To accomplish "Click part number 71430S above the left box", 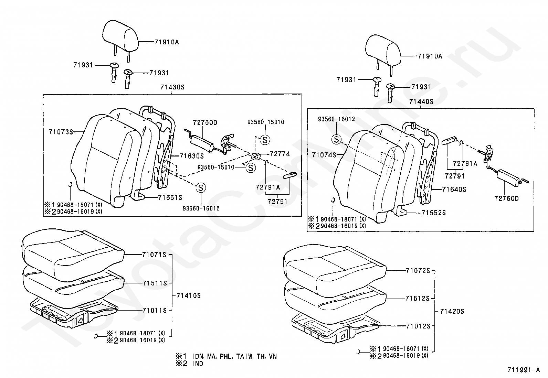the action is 172,87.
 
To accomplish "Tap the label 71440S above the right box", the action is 421,101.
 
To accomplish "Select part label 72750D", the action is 205,122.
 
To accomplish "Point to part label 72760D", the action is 506,198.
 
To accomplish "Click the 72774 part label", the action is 280,154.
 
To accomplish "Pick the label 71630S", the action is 192,156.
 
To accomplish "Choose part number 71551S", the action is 170,197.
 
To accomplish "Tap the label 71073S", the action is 61,132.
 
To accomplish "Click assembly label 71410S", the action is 189,295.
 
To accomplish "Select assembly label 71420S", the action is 452,312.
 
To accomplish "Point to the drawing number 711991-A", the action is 524,370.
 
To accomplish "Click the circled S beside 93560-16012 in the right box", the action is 336,140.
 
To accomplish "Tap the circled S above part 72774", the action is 265,140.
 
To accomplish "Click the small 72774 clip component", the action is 256,156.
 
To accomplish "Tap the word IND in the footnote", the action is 198,364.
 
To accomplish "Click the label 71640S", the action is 454,190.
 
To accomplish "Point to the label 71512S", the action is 418,299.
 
